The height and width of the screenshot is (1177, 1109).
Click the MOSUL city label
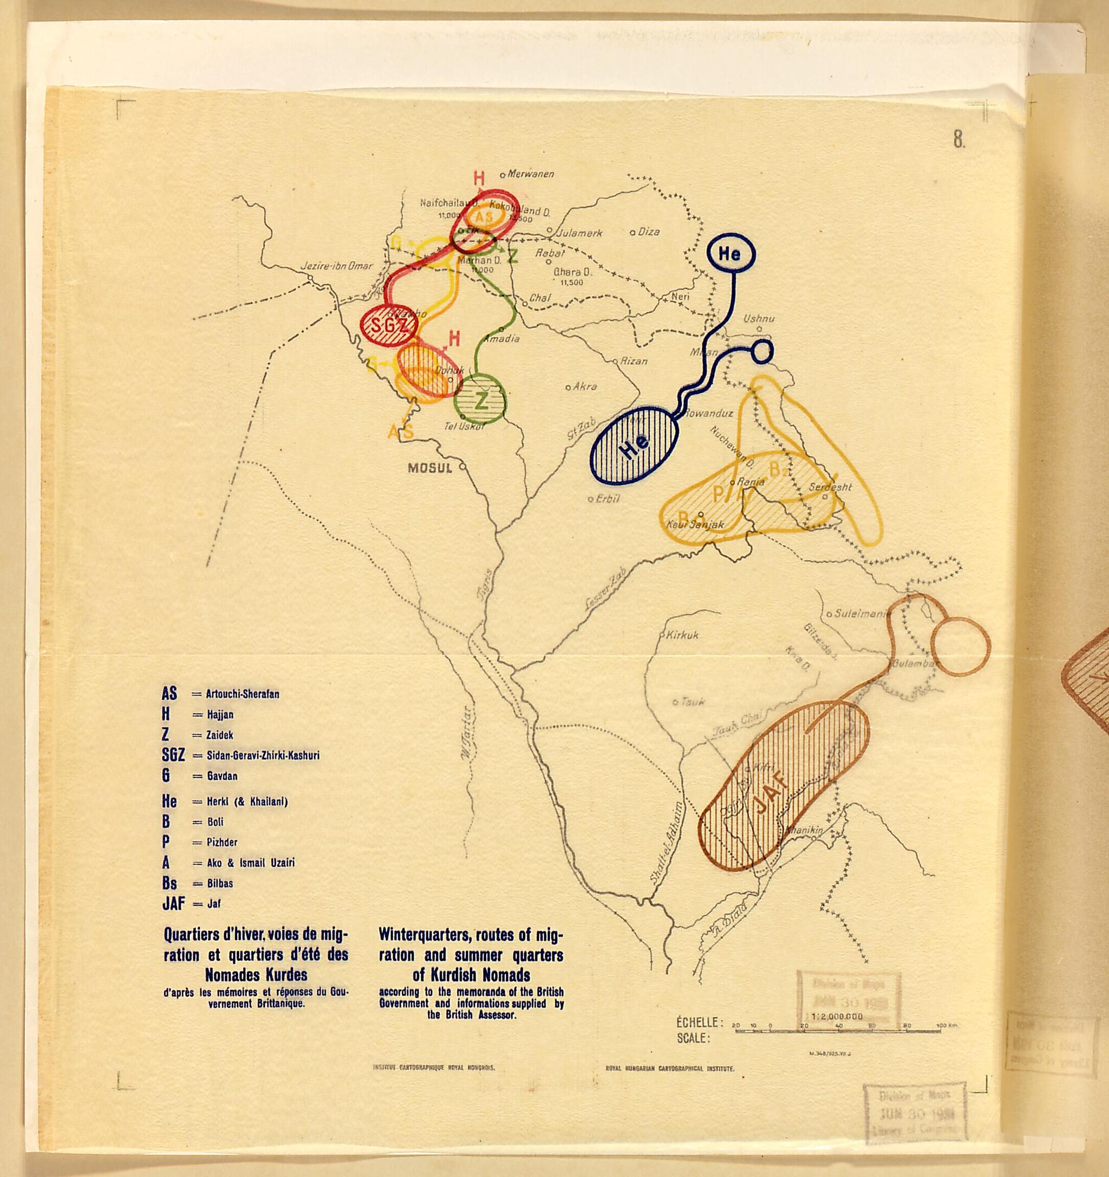click(x=430, y=468)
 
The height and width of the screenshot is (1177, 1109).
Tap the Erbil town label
click(x=608, y=498)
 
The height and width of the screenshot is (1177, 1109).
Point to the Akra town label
click(x=585, y=386)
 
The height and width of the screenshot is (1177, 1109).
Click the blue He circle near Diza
click(x=731, y=254)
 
